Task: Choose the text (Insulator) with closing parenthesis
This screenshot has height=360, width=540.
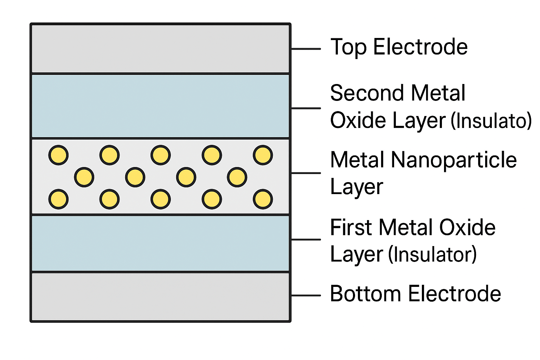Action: pos(432,254)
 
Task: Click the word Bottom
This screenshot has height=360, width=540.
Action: pos(366,294)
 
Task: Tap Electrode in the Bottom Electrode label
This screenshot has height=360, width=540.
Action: pos(455,294)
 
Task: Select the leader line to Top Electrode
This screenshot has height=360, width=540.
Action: pos(306,49)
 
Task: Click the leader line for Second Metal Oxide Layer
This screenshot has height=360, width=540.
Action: pos(306,108)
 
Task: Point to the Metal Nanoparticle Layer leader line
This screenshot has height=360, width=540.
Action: pos(306,173)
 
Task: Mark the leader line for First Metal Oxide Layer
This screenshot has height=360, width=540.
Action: pos(306,239)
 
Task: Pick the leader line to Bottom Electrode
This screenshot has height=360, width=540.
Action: pos(306,295)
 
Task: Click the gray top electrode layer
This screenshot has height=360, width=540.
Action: pos(161,49)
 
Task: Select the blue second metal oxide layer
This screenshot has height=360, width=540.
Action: pos(161,106)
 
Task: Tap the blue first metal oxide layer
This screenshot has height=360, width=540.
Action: pos(161,243)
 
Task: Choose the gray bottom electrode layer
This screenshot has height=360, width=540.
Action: pos(161,297)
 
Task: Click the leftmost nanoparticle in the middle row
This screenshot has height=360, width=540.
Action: pos(84,177)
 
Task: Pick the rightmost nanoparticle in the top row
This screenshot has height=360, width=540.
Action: pos(263,155)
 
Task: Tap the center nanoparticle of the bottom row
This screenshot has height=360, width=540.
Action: pos(161,199)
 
